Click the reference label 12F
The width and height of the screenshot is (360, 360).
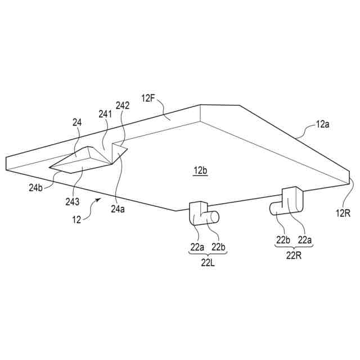[148, 98]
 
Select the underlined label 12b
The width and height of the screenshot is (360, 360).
[200, 170]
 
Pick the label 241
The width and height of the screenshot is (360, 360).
[105, 113]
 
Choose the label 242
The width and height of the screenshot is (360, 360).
[123, 105]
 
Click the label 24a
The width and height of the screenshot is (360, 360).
[118, 209]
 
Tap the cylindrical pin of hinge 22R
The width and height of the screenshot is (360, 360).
[277, 208]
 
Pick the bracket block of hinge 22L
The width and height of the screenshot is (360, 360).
[197, 212]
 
